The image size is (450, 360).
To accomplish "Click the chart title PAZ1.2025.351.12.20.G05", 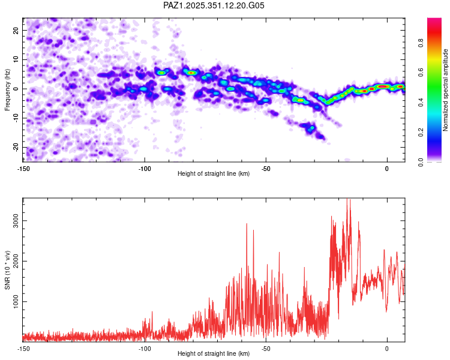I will tap(214, 5).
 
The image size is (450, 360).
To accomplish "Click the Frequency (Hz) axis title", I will tap(7, 88).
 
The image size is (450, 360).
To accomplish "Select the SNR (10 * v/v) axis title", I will tap(7, 269).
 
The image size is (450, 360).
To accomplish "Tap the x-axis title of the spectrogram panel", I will tap(214, 174).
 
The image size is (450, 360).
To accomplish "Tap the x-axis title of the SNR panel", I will tap(214, 353).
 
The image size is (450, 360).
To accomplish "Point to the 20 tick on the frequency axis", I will tap(17, 30).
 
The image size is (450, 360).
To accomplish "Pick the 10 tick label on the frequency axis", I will tap(17, 59).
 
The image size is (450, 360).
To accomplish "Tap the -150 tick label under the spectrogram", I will tap(23, 168).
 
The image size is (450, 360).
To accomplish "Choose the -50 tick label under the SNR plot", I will tap(265, 348).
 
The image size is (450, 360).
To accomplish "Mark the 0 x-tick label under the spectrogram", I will tap(387, 168).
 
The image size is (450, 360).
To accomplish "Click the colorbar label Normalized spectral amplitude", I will tap(446, 90).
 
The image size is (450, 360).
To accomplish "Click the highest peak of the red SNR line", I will tap(347, 200).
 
